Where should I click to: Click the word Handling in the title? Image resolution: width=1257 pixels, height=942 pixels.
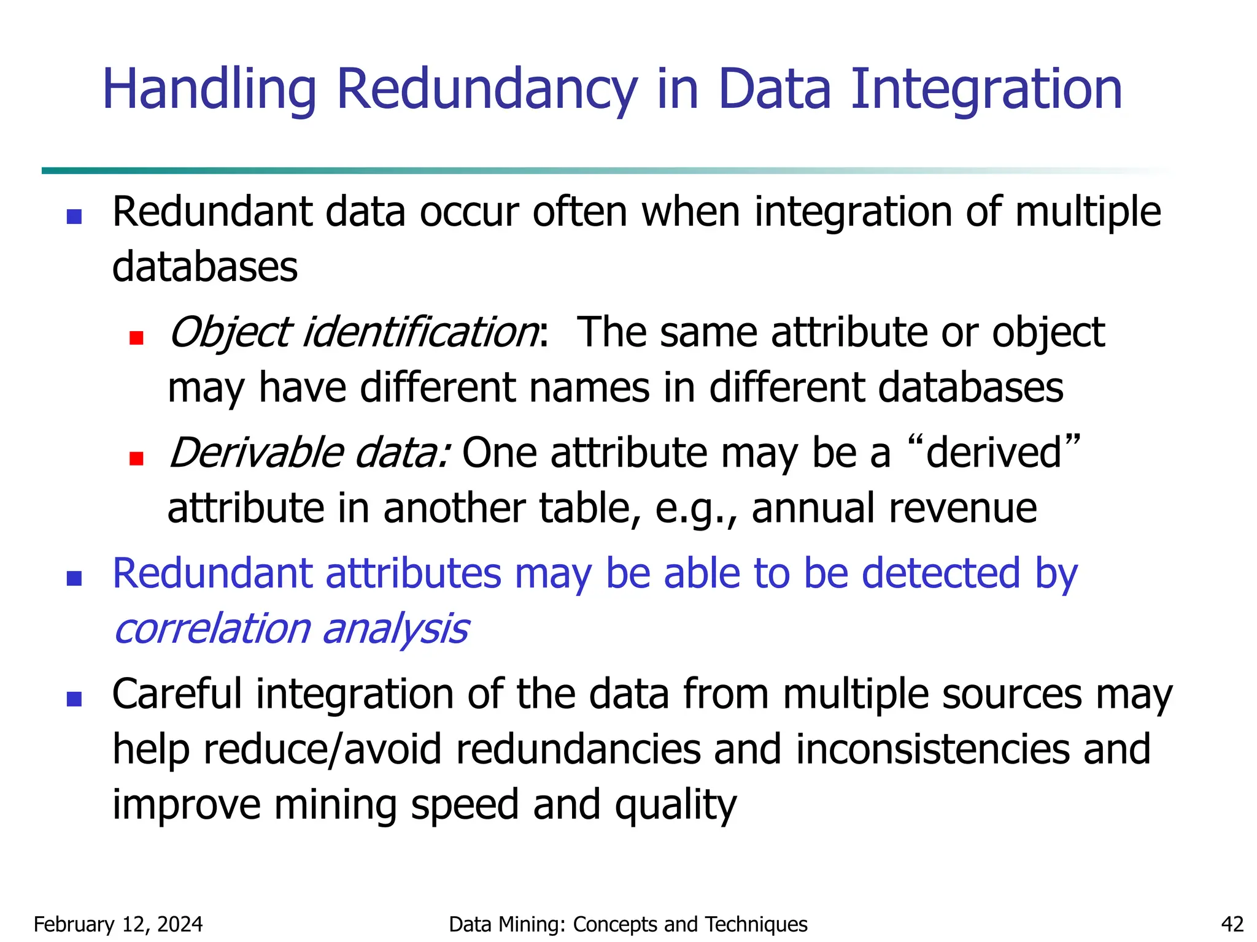tap(209, 90)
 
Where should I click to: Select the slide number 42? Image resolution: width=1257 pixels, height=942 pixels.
tap(1232, 924)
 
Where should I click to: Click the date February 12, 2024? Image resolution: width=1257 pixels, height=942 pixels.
tap(118, 924)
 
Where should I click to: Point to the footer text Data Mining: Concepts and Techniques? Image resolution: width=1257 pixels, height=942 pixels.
tap(628, 924)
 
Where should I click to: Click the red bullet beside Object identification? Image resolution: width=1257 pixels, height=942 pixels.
tap(136, 338)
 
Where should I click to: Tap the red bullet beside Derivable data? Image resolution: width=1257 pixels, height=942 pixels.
tap(136, 458)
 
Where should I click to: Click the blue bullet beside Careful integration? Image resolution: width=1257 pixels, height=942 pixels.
tap(74, 699)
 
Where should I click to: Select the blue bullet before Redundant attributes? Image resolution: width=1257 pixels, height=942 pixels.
tap(74, 578)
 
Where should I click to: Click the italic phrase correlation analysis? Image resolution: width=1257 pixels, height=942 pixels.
tap(292, 629)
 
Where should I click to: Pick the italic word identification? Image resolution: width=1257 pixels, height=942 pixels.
tap(420, 332)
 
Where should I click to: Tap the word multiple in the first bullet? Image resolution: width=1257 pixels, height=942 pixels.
tap(1088, 212)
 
